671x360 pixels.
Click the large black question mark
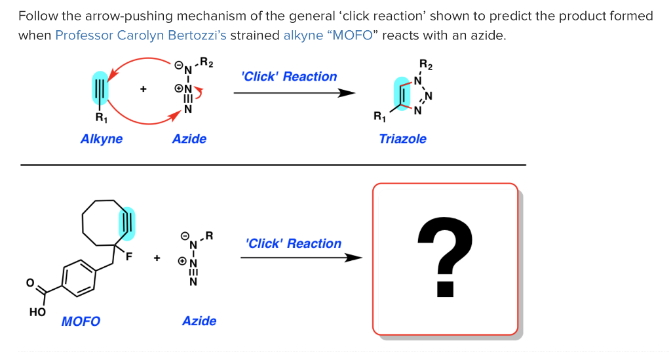point(445,257)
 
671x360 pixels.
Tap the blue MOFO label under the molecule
point(81,321)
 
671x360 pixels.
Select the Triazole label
point(402,139)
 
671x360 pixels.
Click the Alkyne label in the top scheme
point(102,139)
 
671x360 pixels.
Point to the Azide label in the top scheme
point(189,139)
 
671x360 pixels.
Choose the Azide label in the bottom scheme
point(199,321)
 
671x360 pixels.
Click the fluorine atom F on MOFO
point(129,257)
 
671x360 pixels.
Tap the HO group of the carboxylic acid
point(37,313)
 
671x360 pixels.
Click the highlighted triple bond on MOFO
point(127,224)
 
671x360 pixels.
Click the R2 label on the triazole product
point(426,65)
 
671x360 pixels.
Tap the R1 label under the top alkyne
point(101,118)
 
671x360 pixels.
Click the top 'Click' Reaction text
point(289,77)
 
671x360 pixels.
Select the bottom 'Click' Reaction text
point(294,244)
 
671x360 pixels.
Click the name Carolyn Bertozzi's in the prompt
point(172,35)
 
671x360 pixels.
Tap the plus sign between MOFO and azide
point(157,258)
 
